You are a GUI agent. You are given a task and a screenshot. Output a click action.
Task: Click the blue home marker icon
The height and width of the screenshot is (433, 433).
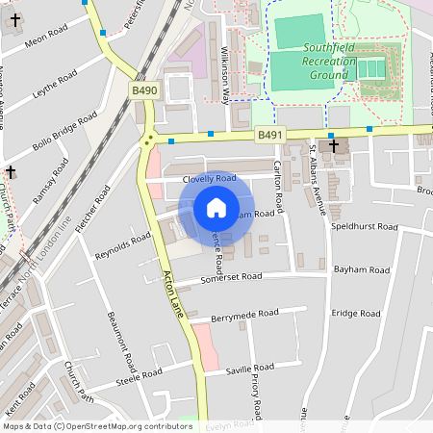[216, 208]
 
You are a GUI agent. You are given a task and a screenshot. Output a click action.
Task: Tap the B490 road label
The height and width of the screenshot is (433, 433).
[144, 90]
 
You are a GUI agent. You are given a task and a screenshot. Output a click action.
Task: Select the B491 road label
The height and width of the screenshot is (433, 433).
[270, 137]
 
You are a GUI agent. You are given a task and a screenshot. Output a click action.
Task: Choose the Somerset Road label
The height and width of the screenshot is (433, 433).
[231, 277]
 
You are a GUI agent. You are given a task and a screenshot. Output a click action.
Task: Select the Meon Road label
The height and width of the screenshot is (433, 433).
[44, 38]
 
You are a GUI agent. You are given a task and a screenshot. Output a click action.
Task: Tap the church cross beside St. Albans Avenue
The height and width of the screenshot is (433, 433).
[335, 146]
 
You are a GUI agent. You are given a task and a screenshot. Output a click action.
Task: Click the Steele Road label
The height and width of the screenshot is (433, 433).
[140, 376]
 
